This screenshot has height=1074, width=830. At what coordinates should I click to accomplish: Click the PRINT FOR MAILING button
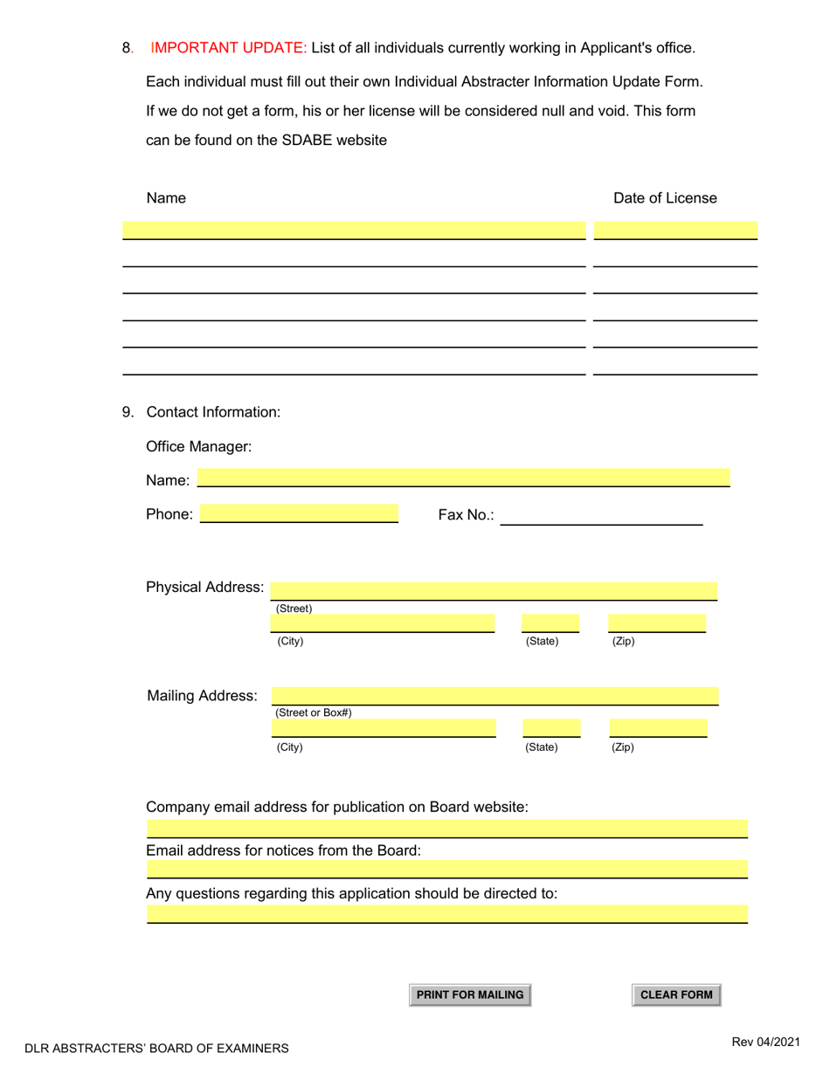[470, 995]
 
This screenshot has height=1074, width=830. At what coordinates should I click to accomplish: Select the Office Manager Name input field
[463, 478]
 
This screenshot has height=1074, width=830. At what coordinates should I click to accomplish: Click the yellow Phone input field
[299, 513]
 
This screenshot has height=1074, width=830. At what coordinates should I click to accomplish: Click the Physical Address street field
[494, 591]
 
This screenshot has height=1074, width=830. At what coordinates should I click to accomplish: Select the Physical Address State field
[550, 623]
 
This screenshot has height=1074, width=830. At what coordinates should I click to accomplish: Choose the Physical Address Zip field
[657, 623]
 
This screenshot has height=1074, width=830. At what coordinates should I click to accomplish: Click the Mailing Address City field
[384, 728]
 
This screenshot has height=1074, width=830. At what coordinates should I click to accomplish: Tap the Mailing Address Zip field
[658, 728]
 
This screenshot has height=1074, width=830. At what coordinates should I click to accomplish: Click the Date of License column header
[665, 198]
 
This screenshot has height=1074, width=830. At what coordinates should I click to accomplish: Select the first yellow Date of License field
[675, 231]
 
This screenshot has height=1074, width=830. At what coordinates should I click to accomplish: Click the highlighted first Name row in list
[353, 231]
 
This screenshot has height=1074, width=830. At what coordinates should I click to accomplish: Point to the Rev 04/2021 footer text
[765, 1041]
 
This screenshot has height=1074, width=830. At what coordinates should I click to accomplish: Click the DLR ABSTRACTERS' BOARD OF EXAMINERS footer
[156, 1048]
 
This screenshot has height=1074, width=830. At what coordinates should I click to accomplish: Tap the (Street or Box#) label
[314, 713]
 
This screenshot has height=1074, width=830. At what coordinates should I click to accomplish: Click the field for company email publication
[446, 829]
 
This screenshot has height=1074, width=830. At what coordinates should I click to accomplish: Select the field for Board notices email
[446, 869]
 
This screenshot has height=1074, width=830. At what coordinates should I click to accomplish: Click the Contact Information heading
[213, 412]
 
